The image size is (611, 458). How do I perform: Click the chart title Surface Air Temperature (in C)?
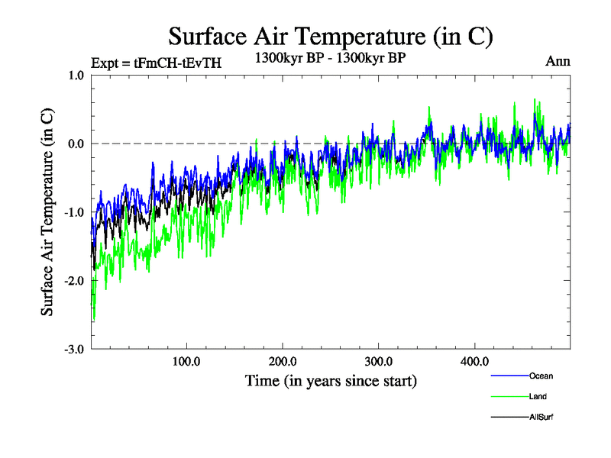tap(330, 36)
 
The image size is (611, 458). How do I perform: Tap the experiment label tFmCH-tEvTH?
tap(156, 63)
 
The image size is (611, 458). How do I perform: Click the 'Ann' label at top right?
tap(558, 62)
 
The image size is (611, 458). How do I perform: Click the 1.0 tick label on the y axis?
tap(76, 76)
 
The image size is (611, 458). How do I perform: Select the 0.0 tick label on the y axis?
tap(76, 144)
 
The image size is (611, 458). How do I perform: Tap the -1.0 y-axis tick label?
tap(74, 212)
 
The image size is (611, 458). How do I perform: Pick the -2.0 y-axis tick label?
tap(74, 281)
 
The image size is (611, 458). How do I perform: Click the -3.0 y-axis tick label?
tap(74, 350)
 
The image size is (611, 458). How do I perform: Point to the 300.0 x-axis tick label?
tap(379, 361)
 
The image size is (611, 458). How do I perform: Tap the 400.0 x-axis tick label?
tap(475, 361)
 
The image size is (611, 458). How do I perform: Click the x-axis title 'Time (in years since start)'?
tap(331, 380)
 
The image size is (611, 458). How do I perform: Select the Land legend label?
tap(538, 396)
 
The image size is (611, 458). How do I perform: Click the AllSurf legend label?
tap(541, 417)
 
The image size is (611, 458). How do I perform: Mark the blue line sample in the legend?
tap(509, 376)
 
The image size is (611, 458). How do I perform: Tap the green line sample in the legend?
tap(509, 396)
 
